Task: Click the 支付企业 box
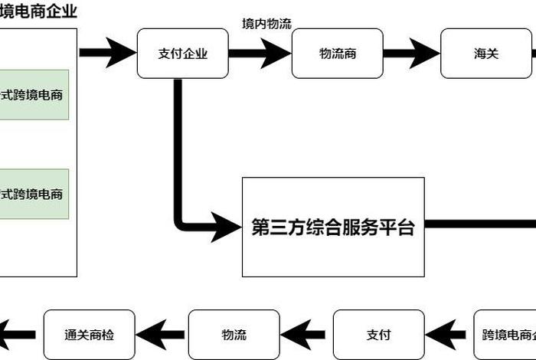[182, 54]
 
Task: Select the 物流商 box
[338, 54]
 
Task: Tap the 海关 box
[486, 54]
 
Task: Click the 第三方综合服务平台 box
[333, 227]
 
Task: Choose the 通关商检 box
[89, 335]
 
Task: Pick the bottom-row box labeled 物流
[234, 335]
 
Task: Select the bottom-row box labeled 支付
[378, 335]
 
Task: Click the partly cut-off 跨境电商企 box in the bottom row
[505, 335]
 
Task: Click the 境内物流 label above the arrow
[266, 25]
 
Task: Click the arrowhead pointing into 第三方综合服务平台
[227, 227]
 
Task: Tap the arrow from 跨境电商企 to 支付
[449, 335]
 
